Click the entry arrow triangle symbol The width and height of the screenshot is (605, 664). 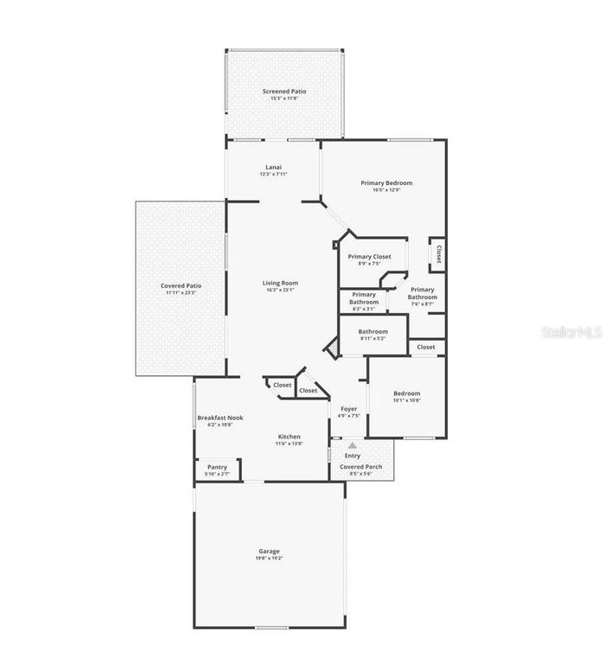(x=352, y=445)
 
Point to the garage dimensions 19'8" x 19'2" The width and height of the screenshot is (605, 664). (x=269, y=559)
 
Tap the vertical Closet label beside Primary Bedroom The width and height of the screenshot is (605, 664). (x=438, y=254)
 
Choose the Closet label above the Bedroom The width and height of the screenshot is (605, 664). (x=426, y=347)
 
